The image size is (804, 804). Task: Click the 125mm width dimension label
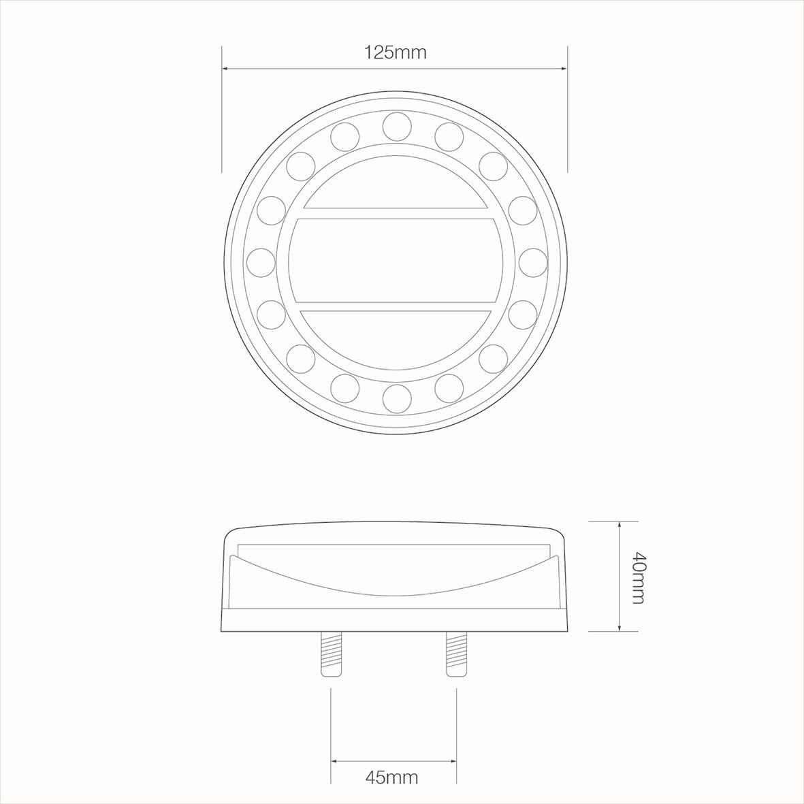tap(395, 52)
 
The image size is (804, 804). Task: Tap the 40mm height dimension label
tap(638, 577)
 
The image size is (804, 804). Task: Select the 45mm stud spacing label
tap(391, 777)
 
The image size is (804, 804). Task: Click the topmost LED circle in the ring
tap(398, 126)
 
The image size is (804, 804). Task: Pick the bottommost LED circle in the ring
tap(398, 398)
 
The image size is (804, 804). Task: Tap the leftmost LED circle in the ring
tap(261, 263)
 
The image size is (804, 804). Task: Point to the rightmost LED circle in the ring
tap(533, 263)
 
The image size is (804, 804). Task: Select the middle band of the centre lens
tap(396, 261)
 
